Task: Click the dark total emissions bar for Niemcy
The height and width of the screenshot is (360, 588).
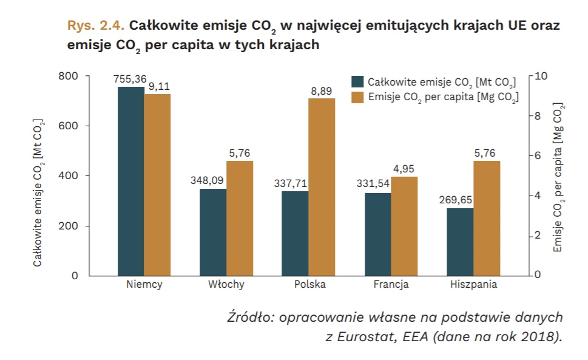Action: (x=131, y=181)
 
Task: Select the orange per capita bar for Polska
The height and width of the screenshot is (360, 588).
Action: (x=322, y=186)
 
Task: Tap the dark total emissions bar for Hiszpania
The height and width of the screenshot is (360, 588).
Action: (x=460, y=242)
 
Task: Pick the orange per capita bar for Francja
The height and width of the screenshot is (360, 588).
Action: (x=404, y=226)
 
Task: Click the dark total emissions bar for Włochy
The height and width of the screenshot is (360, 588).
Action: (x=213, y=232)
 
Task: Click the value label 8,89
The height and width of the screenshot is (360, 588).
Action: (x=322, y=90)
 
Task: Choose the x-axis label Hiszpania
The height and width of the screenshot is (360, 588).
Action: (x=474, y=285)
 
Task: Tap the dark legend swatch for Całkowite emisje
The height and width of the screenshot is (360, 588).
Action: (x=357, y=82)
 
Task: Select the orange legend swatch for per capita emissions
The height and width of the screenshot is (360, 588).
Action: (x=357, y=97)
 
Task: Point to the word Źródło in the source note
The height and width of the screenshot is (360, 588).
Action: (x=250, y=318)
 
